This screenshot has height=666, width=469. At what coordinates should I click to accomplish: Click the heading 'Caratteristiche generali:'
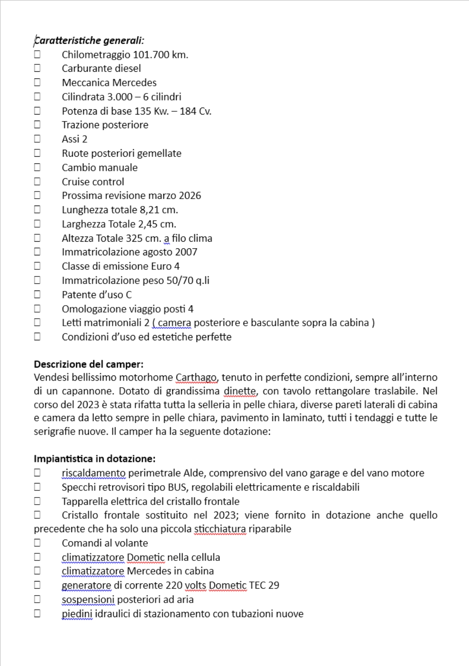89,40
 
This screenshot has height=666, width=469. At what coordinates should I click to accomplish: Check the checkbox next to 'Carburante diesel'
37,68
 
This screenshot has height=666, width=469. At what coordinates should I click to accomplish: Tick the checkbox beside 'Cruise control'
37,181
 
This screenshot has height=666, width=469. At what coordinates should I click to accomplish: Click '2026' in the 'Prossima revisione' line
190,196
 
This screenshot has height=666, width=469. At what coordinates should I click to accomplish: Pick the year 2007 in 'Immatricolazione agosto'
186,252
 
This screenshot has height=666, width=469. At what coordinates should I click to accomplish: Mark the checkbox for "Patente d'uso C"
37,294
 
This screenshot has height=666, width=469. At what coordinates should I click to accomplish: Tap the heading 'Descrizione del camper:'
89,364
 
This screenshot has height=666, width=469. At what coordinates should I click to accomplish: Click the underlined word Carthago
196,377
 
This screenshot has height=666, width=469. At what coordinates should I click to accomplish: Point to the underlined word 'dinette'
240,391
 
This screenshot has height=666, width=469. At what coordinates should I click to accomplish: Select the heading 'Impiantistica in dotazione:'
94,459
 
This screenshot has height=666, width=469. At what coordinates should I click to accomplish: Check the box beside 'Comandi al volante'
37,543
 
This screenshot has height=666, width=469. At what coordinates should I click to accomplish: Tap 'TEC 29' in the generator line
264,585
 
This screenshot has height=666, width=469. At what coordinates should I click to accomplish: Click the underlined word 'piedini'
77,614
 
